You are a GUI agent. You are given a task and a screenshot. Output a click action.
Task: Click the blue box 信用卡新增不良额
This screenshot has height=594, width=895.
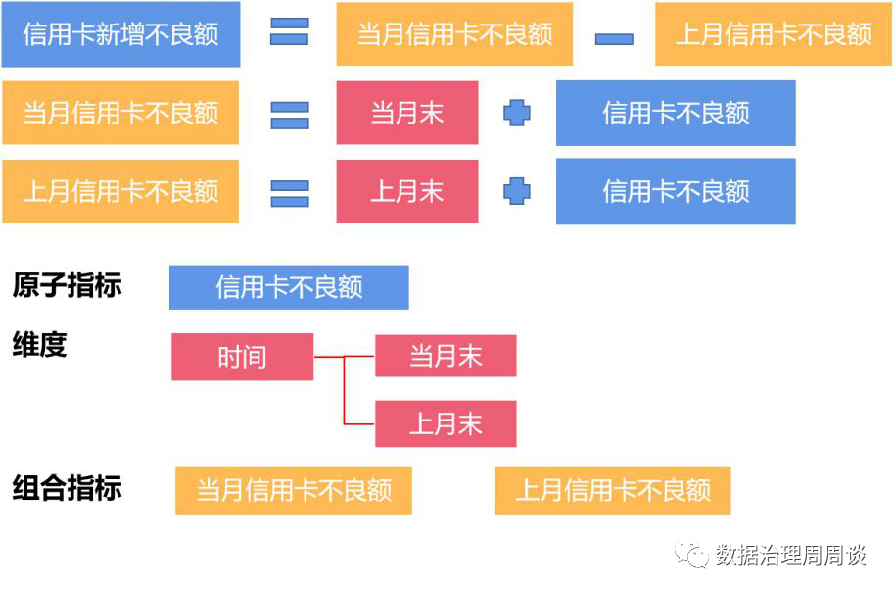point(120,35)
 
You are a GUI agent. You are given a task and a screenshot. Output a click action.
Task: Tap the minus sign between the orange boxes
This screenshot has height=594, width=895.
point(614,39)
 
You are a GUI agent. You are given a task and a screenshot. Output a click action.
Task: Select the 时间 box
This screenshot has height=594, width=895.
point(242,357)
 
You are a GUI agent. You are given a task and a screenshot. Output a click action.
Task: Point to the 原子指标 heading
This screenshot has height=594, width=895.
point(68,285)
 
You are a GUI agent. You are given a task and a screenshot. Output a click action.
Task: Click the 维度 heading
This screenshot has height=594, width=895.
point(40,345)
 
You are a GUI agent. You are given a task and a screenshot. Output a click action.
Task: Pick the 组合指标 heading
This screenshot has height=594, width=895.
point(68,488)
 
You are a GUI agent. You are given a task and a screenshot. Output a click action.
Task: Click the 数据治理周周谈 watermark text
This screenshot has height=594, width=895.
point(790,555)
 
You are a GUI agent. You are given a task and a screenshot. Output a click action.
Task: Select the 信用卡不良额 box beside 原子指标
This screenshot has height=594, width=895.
point(289,287)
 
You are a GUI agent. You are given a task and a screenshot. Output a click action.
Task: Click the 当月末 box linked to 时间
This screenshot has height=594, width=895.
point(446,356)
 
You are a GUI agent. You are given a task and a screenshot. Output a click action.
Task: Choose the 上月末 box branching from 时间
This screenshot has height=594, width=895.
point(446,423)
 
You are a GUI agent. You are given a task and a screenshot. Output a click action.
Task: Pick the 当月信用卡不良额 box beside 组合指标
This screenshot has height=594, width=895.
point(294,490)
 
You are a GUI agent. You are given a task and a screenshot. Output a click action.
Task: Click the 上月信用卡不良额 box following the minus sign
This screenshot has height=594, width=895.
point(774,35)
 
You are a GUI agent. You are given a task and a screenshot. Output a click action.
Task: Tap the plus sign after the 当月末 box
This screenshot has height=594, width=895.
point(517,114)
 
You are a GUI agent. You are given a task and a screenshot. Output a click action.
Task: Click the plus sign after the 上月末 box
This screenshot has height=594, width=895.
point(517,191)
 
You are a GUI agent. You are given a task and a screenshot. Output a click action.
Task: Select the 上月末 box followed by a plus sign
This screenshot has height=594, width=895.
point(407,191)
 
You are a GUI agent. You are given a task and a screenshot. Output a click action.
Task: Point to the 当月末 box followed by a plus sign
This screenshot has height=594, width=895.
point(407,113)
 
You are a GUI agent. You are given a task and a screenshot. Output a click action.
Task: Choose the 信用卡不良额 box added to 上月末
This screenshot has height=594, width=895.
point(676,191)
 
